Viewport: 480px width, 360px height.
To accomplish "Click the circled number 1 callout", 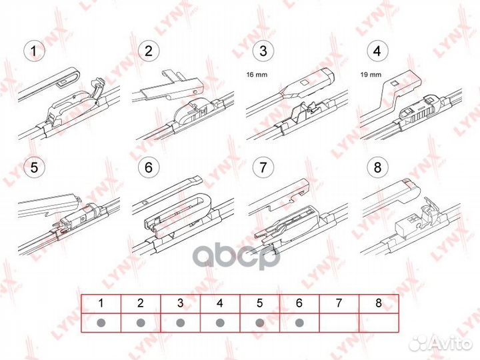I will tap(33, 51).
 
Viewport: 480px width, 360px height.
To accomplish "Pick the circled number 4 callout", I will tap(378, 51).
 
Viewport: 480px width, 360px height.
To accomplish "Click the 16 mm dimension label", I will tap(257, 76).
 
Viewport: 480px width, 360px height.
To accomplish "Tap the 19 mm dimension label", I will tap(371, 76).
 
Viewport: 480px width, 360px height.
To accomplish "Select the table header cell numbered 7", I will tap(339, 303).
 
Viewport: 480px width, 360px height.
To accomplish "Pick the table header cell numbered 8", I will tap(378, 303).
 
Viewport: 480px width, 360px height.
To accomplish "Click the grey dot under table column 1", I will tap(101, 323).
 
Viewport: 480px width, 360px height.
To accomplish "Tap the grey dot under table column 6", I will tap(299, 323).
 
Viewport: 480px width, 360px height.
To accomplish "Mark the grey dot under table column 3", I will tap(180, 323).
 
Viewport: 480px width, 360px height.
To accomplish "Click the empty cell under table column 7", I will tap(339, 323).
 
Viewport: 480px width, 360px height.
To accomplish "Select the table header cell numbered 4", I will tap(220, 303).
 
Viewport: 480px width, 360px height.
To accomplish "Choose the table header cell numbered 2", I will tap(140, 303).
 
